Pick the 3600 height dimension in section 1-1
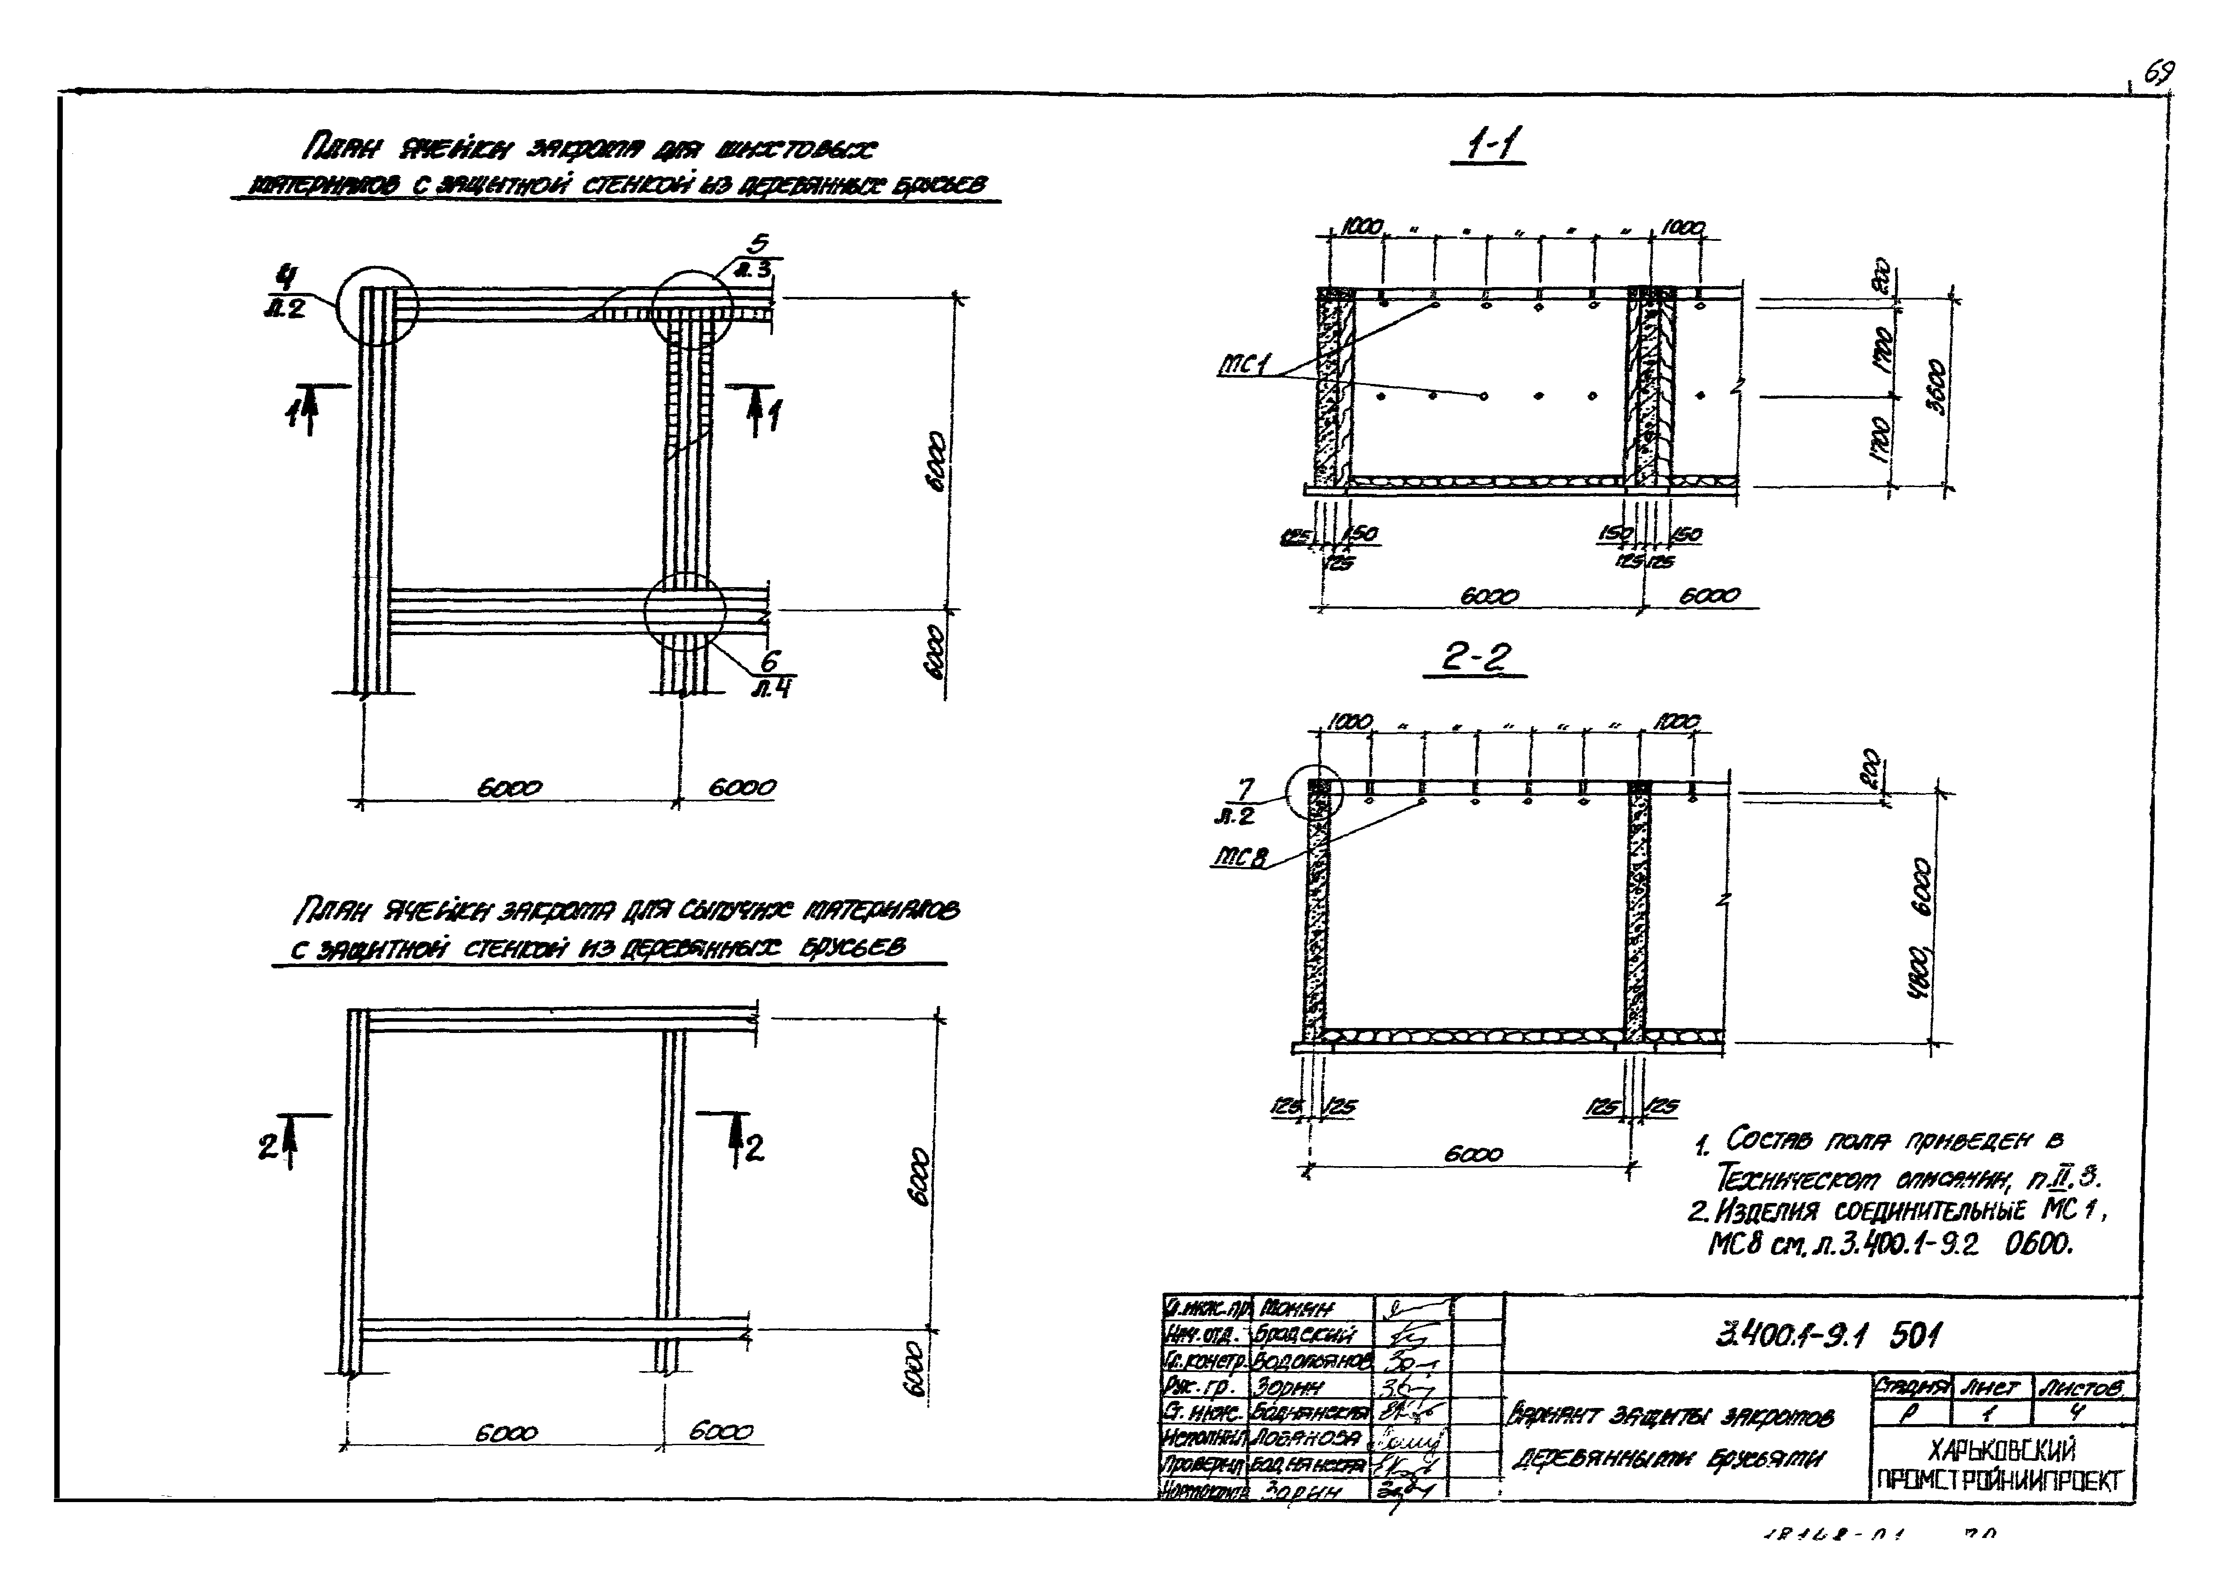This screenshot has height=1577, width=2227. click(1935, 387)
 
